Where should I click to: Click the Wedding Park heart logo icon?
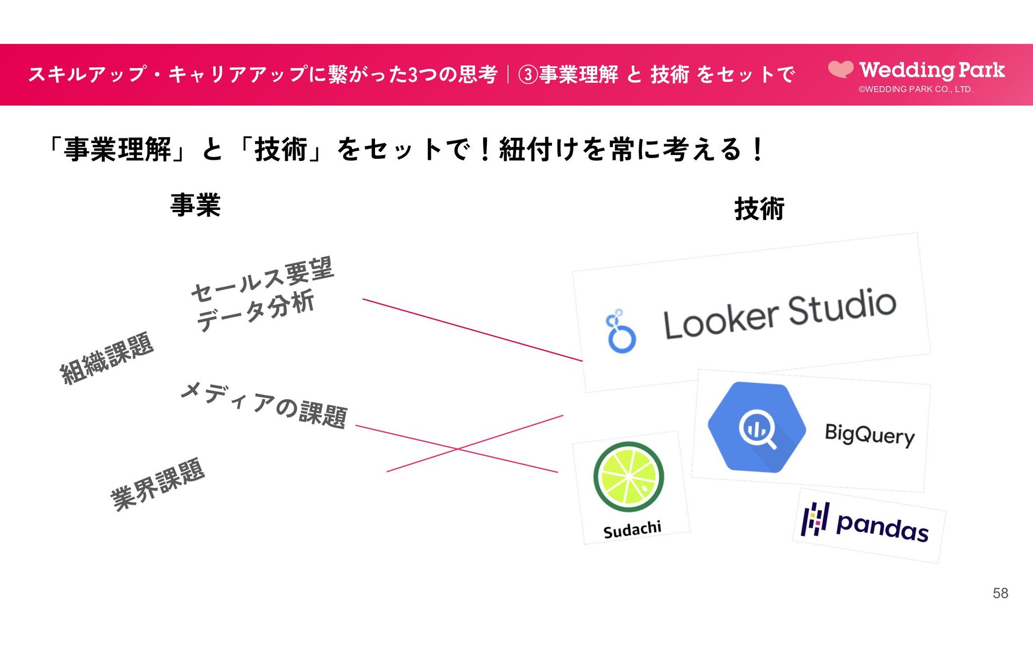point(840,69)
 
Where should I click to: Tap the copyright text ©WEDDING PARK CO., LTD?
point(916,89)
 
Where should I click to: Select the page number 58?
point(1000,593)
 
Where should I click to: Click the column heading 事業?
point(195,205)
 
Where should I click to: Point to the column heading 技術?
point(759,209)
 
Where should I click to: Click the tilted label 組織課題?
point(107,358)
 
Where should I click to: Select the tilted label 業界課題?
point(157,484)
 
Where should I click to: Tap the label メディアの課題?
point(264,405)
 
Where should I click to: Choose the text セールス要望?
point(263,279)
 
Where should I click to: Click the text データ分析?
point(255,311)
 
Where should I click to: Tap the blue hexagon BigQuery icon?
point(756,427)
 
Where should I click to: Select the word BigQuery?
point(869,434)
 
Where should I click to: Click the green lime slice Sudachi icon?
point(628,476)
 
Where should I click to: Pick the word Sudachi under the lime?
point(632,530)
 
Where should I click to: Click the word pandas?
point(882,526)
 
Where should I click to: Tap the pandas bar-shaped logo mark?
point(815,519)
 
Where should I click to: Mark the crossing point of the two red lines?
point(457,448)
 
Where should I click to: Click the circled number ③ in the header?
point(528,75)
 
